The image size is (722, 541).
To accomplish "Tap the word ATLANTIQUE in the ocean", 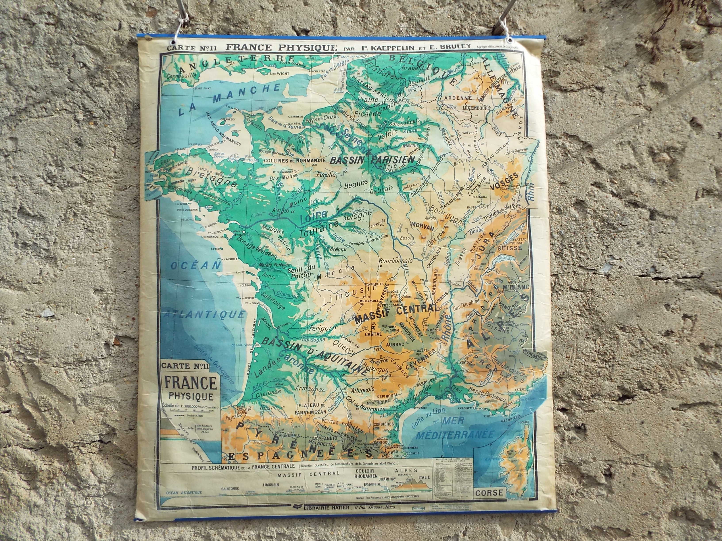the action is pos(205,314).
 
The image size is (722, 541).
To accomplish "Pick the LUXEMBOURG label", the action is pos(477,107).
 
